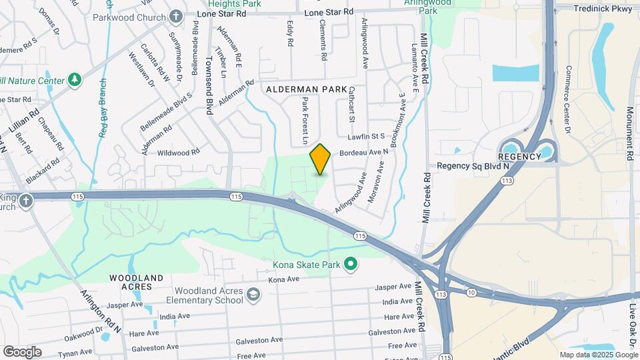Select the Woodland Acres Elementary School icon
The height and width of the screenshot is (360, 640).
pyautogui.click(x=253, y=295)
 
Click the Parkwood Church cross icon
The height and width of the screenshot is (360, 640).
pyautogui.click(x=176, y=15)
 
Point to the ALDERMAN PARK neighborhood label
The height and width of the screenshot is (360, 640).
pyautogui.click(x=307, y=89)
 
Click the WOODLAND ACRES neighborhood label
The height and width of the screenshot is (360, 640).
pyautogui.click(x=137, y=282)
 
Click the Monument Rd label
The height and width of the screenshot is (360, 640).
pyautogui.click(x=631, y=133)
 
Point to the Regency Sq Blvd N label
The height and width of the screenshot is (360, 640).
pyautogui.click(x=472, y=165)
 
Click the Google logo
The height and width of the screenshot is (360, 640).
pyautogui.click(x=22, y=351)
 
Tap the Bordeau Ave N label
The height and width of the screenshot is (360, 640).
pyautogui.click(x=364, y=153)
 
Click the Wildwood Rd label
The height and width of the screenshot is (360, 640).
pyautogui.click(x=179, y=152)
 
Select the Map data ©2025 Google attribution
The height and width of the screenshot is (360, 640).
pyautogui.click(x=598, y=355)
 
